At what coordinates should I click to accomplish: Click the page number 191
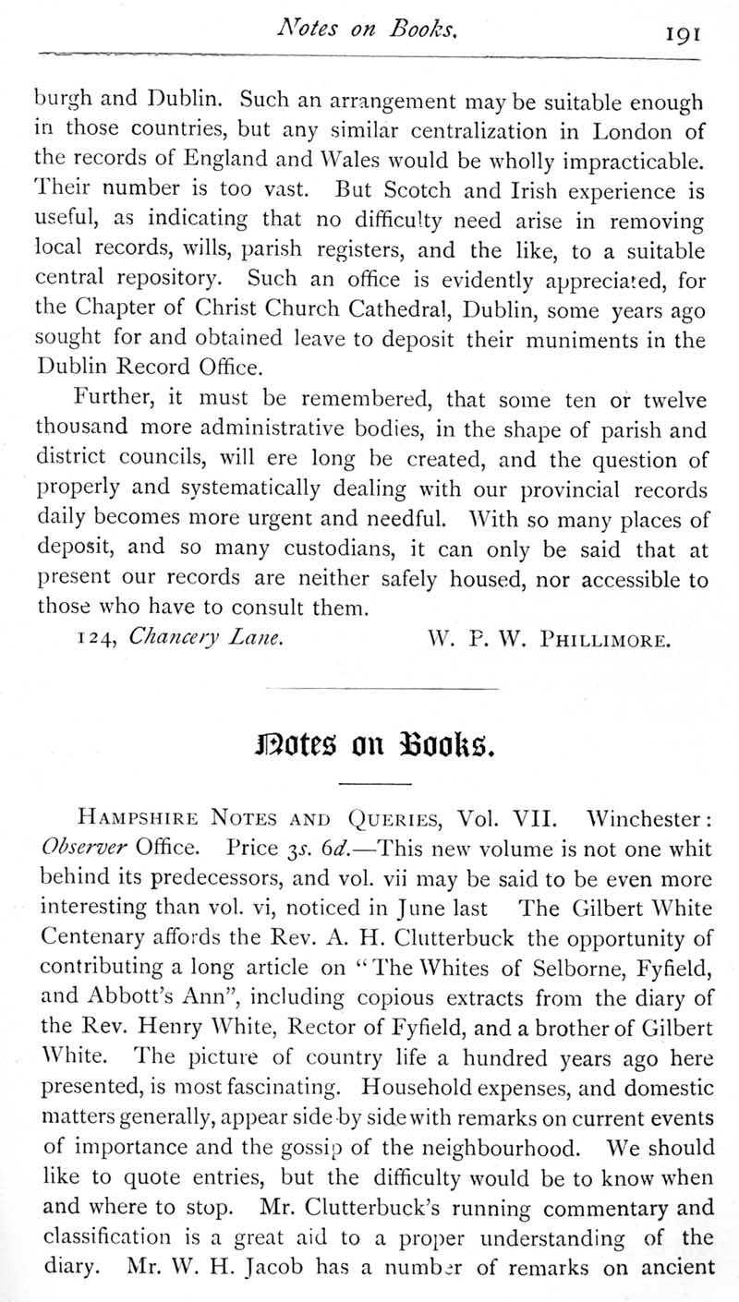click(x=682, y=34)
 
